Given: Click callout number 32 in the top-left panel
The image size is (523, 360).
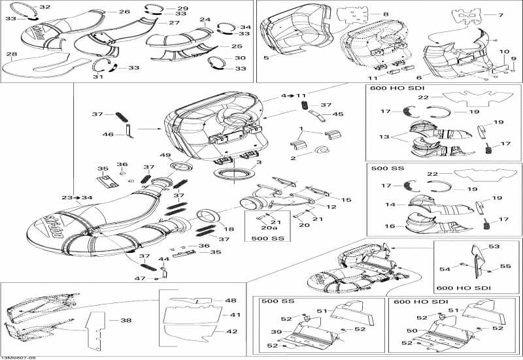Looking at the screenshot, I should [44, 7].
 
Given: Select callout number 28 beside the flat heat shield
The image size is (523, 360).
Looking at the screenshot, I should [11, 54].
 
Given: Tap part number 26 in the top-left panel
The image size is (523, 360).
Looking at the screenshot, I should [124, 12].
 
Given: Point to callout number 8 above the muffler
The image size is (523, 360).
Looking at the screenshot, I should [386, 14].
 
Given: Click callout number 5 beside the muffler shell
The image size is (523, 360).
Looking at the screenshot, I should [266, 58].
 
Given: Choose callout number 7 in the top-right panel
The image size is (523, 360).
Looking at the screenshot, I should [501, 15].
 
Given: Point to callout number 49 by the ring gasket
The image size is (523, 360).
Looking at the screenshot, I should [165, 155].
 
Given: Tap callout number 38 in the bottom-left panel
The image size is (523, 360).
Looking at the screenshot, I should [126, 321].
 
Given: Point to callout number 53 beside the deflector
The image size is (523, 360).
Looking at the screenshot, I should [494, 246].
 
